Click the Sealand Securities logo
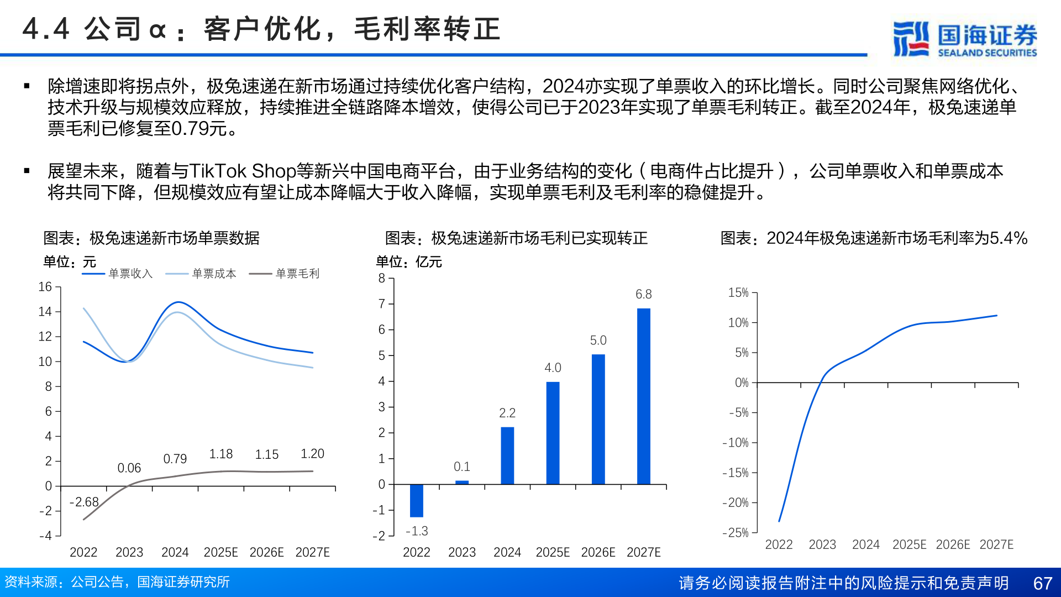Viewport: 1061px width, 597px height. pos(965,39)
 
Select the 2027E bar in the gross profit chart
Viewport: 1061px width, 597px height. pos(643,396)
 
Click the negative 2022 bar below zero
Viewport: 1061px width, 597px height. pos(416,501)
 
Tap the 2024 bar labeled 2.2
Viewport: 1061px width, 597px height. pos(507,455)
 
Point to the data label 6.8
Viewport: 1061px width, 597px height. pos(643,294)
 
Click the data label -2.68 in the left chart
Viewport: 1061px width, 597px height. pos(84,502)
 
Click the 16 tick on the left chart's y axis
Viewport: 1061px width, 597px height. pos(45,287)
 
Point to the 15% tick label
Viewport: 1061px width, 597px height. pos(738,292)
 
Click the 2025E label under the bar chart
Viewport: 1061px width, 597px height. pos(553,552)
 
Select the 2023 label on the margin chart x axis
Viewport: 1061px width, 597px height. pos(822,544)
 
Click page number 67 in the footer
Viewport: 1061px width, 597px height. pos(1042,583)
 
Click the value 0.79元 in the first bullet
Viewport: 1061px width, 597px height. pos(199,129)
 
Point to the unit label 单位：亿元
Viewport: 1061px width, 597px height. pos(409,262)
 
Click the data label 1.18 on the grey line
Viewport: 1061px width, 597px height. pos(220,454)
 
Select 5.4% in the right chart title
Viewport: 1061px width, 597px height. pos(1008,238)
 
